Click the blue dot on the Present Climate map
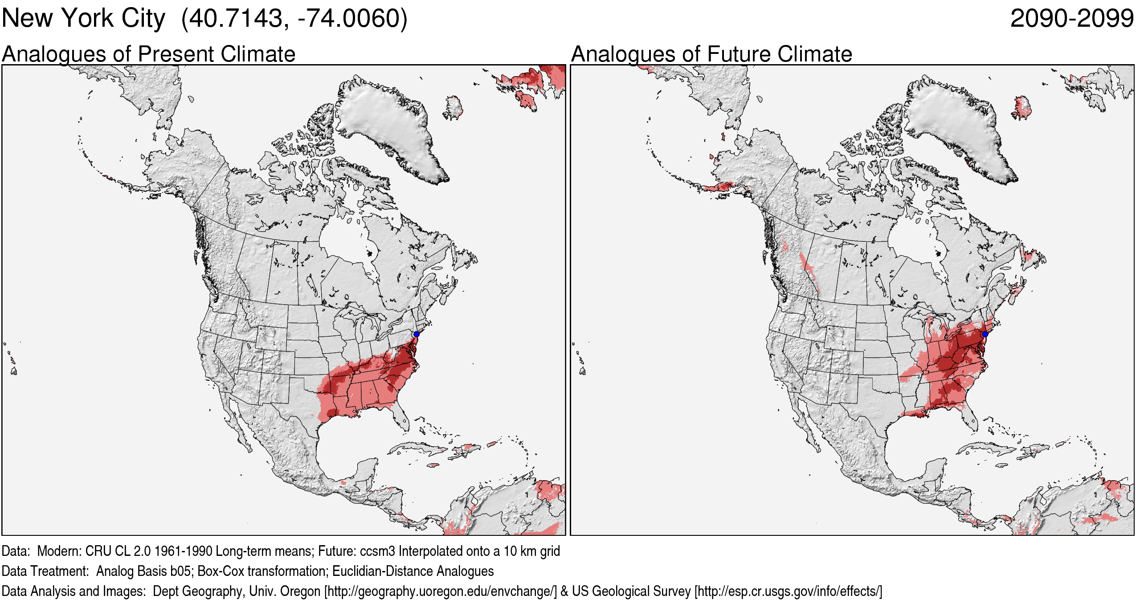[416, 334]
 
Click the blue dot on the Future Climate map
[985, 334]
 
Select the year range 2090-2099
[1071, 19]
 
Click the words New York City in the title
[83, 19]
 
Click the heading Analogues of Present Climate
[148, 54]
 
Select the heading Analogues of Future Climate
[711, 54]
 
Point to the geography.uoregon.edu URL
[440, 592]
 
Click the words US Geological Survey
[631, 592]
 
